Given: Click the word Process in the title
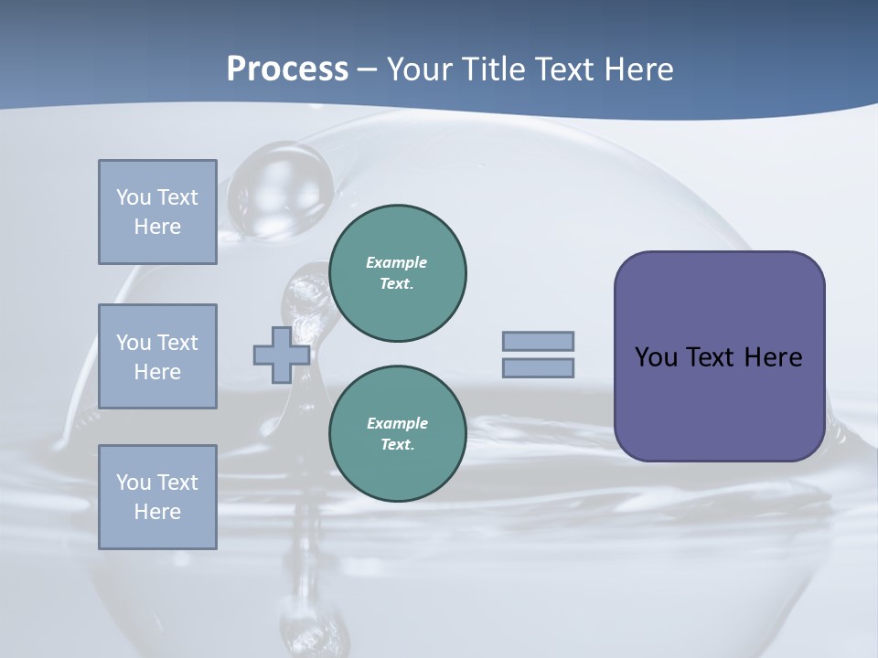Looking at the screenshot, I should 287,69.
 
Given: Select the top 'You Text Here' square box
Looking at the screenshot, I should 157,212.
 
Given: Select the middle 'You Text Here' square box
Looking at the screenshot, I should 157,356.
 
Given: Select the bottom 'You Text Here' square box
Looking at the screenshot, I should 157,497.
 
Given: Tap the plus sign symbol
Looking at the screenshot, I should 281,355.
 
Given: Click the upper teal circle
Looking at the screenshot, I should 397,273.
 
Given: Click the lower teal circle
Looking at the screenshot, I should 397,434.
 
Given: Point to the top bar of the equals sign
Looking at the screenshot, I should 538,341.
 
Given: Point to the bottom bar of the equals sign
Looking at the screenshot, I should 538,368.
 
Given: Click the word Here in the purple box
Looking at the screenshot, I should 773,357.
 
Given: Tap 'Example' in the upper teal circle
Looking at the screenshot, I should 396,262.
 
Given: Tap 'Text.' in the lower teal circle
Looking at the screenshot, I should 397,445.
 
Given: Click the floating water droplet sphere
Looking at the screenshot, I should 280,191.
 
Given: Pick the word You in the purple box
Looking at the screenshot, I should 656,357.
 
